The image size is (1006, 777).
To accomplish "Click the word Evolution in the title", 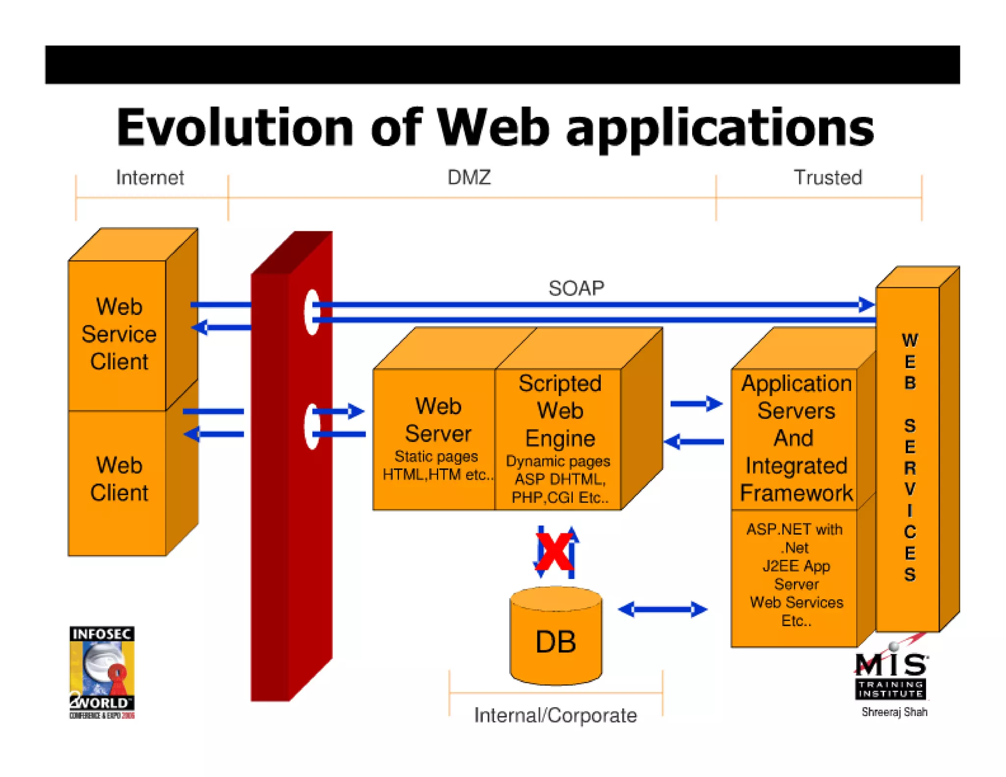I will point(235,128).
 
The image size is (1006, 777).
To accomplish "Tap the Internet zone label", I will point(150,178).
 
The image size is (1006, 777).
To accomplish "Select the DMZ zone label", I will point(469,178).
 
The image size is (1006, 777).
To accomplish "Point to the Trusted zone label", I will point(828,178).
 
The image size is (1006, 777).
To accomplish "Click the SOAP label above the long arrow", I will point(576,288).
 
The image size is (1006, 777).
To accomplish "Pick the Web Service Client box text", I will point(119,334).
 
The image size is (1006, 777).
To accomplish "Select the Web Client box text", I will point(119,479).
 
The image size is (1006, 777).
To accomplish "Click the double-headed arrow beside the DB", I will point(662,610).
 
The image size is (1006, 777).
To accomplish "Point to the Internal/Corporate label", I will point(555,715).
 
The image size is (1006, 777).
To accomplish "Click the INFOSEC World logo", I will point(102,672).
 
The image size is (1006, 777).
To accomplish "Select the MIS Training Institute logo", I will point(891,675).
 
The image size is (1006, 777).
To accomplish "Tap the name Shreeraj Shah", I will point(894,712).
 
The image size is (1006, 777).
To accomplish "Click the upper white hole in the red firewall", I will point(311,312).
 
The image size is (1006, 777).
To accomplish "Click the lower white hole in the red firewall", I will point(311,426).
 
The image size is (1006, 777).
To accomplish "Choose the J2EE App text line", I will point(796,566).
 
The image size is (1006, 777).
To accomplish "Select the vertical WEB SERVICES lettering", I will point(909,457).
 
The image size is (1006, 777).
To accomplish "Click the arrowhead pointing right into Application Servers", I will point(715,404).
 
